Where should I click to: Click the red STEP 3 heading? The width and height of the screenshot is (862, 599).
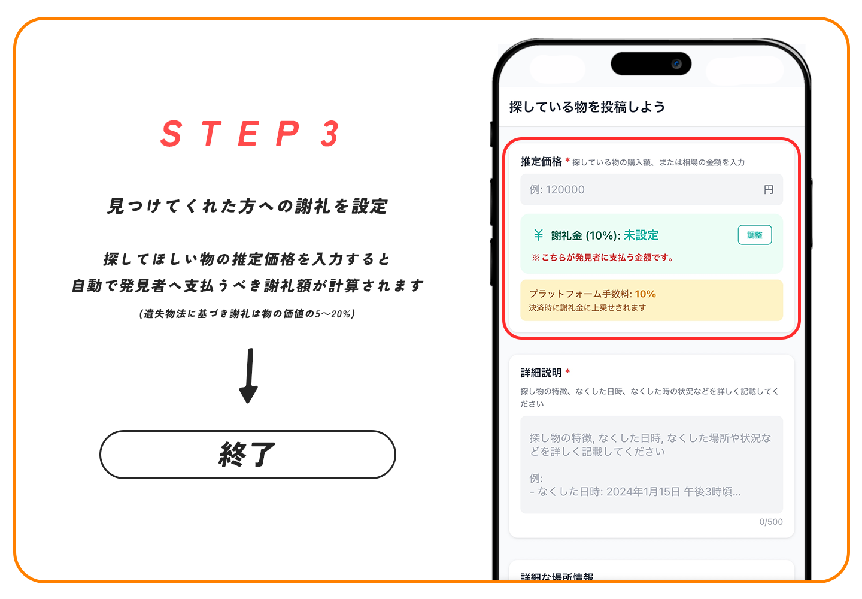[x=250, y=134]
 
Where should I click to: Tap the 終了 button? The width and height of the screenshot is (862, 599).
[x=247, y=455]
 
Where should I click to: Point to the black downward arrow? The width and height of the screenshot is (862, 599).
[x=249, y=376]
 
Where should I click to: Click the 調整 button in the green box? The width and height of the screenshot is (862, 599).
[x=754, y=235]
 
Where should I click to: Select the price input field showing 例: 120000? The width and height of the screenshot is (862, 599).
[x=651, y=189]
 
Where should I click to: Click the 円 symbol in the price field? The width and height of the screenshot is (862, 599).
[x=768, y=189]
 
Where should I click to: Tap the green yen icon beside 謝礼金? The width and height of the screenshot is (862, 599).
[x=538, y=235]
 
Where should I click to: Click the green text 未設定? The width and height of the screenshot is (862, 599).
[x=641, y=235]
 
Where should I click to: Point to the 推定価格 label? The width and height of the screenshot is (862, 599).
[x=541, y=161]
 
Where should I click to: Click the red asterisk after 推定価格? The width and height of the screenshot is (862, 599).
[x=567, y=160]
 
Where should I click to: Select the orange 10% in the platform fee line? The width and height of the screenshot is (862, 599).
[x=645, y=294]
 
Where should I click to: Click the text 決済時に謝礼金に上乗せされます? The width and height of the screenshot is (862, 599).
[x=587, y=308]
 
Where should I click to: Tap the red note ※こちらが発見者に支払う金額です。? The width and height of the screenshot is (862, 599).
[x=603, y=258]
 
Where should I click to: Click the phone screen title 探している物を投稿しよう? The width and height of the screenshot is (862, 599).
[x=587, y=107]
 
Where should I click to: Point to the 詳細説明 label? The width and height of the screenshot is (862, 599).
[x=541, y=373]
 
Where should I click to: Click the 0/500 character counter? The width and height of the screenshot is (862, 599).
[x=771, y=522]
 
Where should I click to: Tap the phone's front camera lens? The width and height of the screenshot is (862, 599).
[x=676, y=64]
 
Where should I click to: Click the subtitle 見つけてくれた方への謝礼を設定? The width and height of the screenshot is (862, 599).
[x=247, y=206]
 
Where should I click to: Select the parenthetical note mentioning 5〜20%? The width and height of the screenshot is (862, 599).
[x=247, y=314]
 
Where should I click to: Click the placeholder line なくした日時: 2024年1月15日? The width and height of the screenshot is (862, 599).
[x=635, y=492]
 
